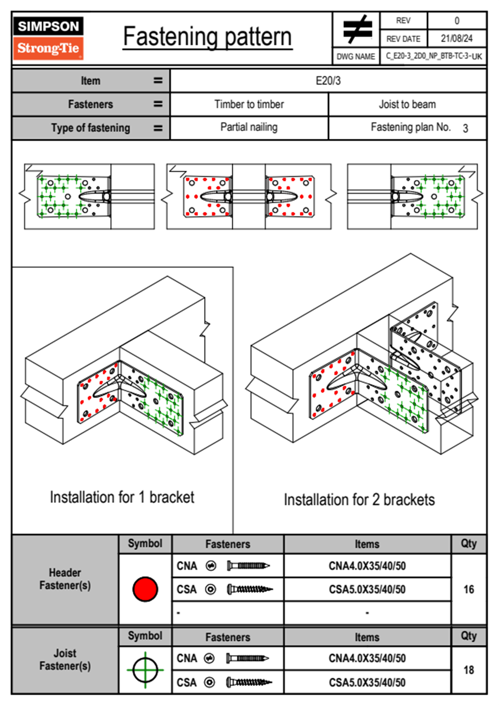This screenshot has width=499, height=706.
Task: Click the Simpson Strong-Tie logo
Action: pos(48,38)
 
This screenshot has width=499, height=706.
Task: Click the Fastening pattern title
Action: pos(208,37)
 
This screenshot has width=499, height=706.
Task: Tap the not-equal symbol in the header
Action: pos(357,29)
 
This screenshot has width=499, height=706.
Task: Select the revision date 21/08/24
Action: pos(456,39)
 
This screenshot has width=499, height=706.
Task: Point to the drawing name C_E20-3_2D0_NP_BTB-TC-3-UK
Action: pos(434,56)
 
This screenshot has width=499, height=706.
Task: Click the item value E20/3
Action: pos(328,81)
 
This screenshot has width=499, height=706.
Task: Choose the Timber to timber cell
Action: pos(249,104)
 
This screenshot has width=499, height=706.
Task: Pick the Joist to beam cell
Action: pos(407,104)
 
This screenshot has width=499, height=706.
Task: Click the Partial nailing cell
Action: pos(249,127)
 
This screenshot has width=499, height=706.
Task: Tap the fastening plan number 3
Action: pos(465,128)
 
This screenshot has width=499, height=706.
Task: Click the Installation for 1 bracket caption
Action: pos(122,497)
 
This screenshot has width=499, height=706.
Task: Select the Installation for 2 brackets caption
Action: pos(359,500)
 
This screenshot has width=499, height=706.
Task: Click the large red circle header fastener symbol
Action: pos(145,589)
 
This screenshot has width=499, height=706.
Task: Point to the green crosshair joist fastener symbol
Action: pos(145,670)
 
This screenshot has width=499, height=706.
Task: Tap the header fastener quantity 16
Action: pos(468,589)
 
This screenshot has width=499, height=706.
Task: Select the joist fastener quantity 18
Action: pos(468,670)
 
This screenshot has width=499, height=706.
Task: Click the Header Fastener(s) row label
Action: pos(65,579)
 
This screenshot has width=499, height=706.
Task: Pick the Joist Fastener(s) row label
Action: pos(65,659)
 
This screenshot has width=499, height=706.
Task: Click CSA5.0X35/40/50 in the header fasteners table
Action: pos(367,590)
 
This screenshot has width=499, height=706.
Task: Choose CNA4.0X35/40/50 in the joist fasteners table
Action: pos(367,658)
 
